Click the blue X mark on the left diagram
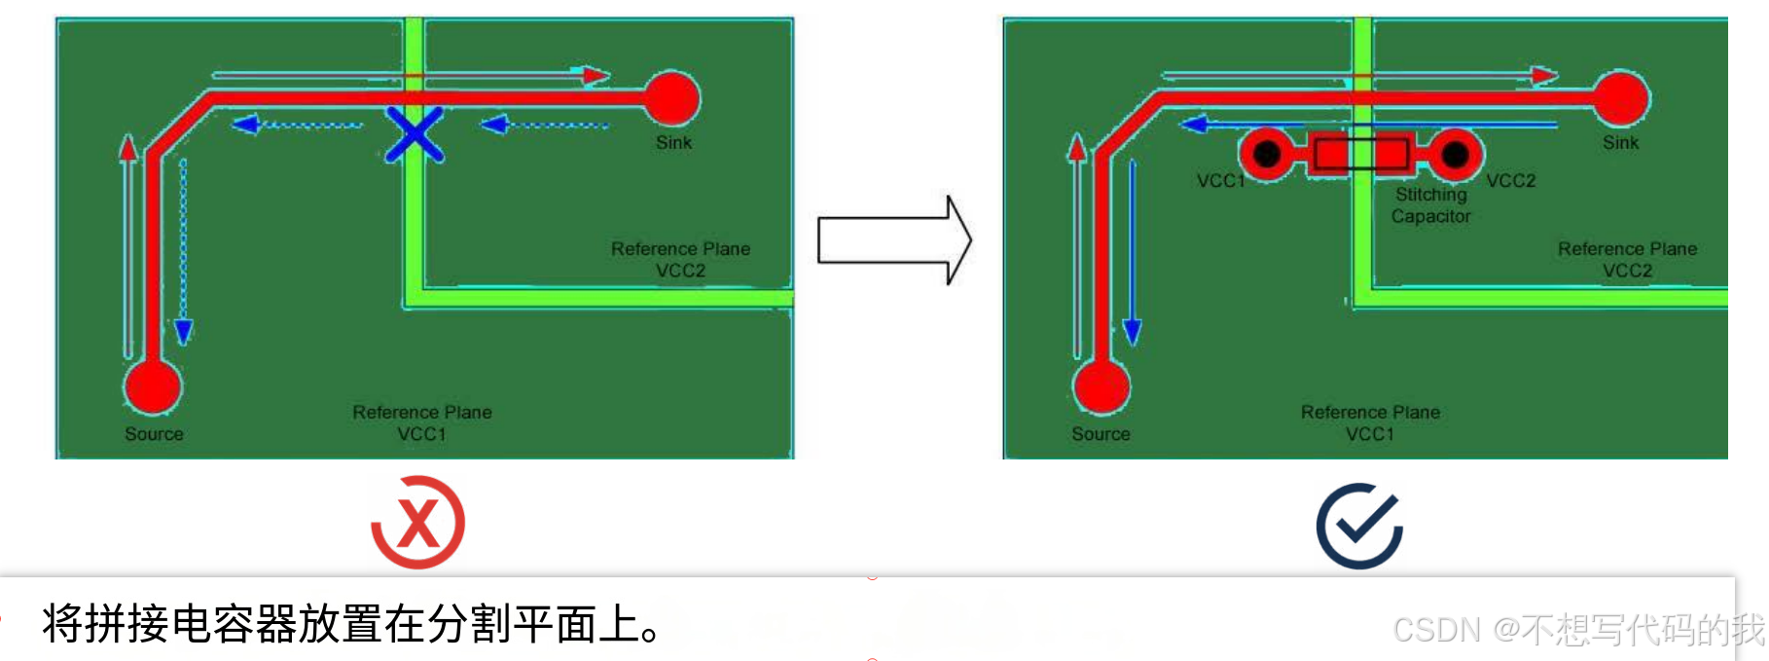[415, 134]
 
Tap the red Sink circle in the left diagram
[671, 98]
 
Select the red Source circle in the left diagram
[152, 386]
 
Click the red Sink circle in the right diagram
[1620, 98]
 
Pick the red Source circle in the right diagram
[1101, 386]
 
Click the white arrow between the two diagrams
[894, 240]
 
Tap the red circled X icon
[418, 523]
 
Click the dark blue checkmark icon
[1359, 526]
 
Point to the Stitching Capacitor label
[1430, 205]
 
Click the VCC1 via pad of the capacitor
[1266, 154]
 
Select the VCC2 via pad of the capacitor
[1455, 154]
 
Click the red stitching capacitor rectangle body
[1361, 154]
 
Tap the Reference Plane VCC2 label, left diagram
[680, 260]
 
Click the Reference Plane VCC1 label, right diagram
[1370, 423]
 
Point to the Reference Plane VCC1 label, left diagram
[421, 423]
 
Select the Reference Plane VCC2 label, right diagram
[1627, 260]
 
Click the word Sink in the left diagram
[673, 143]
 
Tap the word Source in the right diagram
[1101, 434]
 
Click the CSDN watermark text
[1576, 630]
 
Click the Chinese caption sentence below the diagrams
[350, 624]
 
